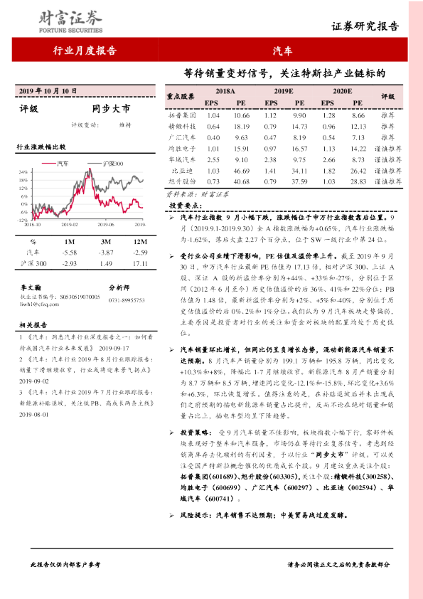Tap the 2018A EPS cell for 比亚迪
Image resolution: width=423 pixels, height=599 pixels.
[x=212, y=171]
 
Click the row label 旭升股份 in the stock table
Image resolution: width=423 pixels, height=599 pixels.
[x=183, y=182]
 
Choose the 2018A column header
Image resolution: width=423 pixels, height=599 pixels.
[x=225, y=92]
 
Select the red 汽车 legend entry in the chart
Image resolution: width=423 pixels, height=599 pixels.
[x=77, y=162]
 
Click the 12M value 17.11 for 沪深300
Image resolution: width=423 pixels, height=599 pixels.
[x=139, y=263]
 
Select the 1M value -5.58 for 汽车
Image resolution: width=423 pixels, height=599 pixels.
[x=70, y=252]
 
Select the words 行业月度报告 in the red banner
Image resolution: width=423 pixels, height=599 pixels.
[x=84, y=51]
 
